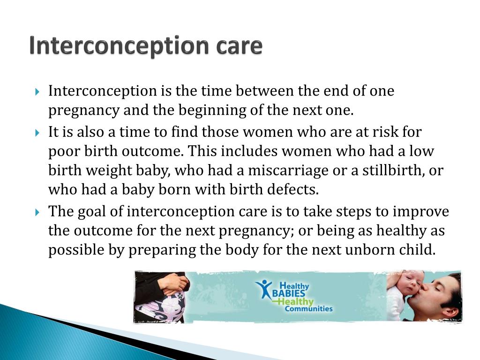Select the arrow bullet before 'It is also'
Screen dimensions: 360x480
point(38,133)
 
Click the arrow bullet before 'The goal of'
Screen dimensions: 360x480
point(38,212)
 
